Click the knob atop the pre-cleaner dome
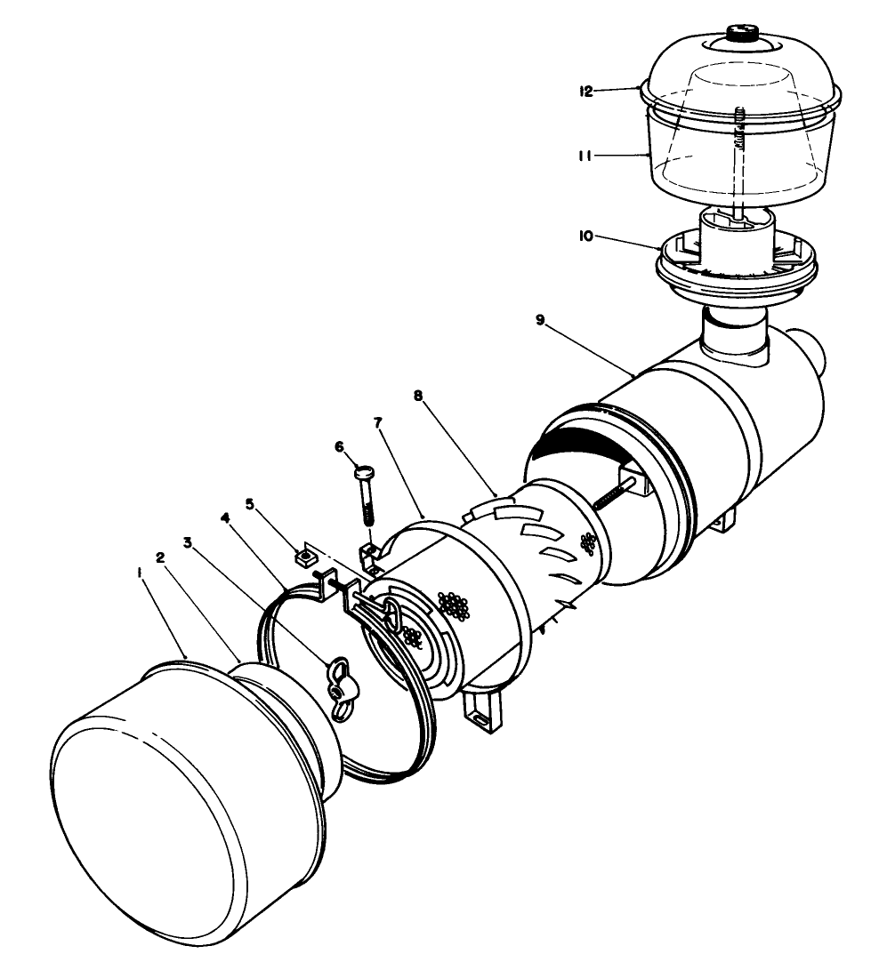point(741,34)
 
